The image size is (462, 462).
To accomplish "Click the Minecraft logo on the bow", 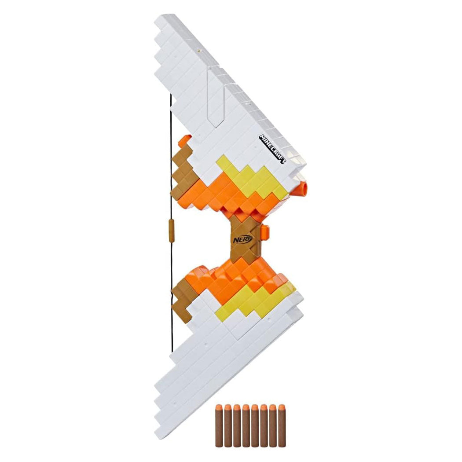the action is tap(273, 149).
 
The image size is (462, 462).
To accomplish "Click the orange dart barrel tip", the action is tap(305, 187).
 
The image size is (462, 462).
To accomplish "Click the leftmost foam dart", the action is tap(218, 422).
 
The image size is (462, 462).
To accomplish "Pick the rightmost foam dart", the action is tap(282, 422).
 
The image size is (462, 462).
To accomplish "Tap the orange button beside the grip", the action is tap(265, 231).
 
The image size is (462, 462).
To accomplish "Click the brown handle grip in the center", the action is tap(245, 238).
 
